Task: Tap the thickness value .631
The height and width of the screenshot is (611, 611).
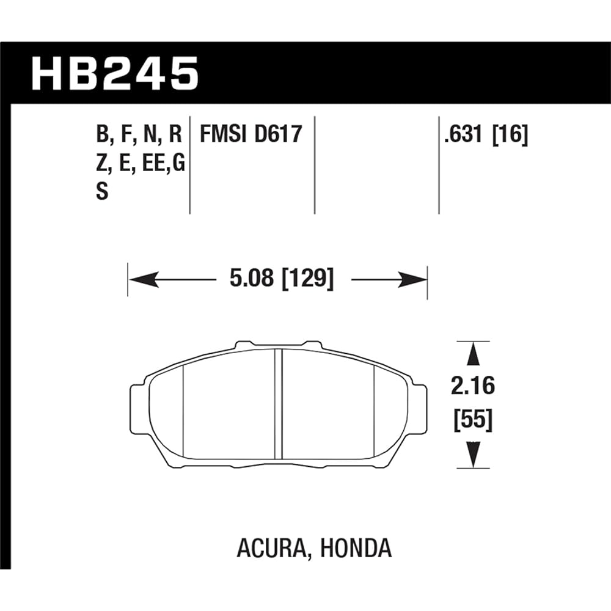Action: click(464, 134)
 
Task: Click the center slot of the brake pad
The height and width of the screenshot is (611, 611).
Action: click(279, 403)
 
